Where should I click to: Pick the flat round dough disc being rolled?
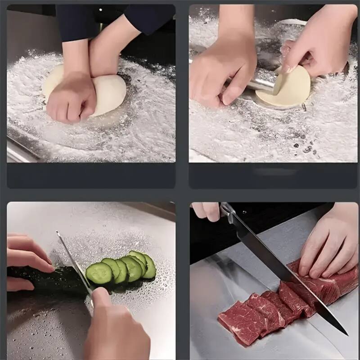288,88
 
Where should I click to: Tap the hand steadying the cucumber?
27,256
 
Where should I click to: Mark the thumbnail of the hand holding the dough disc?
288,67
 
